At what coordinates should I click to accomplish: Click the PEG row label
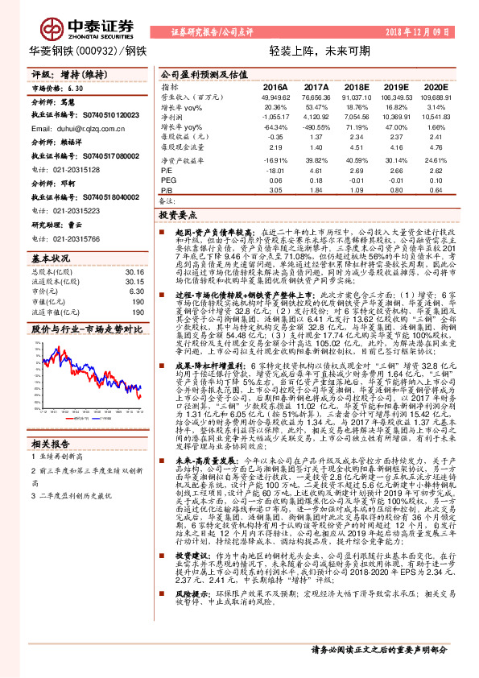(168, 180)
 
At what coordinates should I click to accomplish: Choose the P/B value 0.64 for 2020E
(436, 191)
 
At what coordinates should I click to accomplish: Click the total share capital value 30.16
(134, 271)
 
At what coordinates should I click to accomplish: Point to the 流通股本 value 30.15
(134, 281)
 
